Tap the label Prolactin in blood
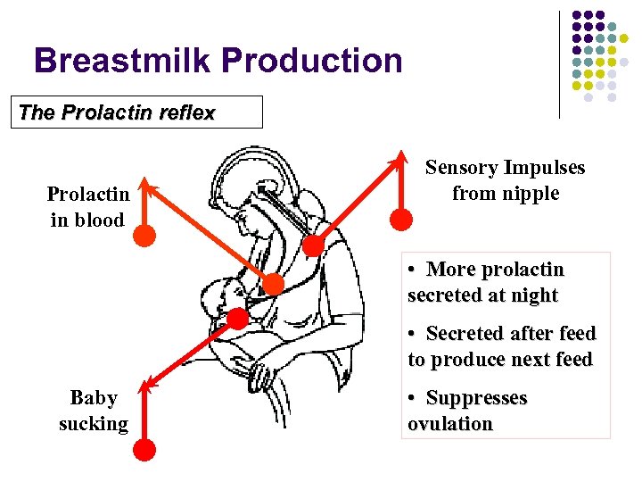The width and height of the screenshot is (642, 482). [x=88, y=207]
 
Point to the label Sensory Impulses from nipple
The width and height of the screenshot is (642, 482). [x=505, y=180]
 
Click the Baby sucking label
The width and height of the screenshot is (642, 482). [x=93, y=411]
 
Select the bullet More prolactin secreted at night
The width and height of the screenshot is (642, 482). [x=485, y=282]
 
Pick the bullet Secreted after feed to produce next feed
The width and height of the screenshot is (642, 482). [x=501, y=346]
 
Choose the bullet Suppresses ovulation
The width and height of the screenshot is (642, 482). [x=467, y=411]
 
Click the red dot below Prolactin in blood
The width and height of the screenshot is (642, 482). [x=144, y=236]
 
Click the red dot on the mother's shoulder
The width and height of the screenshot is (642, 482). [x=313, y=244]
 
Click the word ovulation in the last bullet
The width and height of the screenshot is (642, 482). [x=449, y=424]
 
